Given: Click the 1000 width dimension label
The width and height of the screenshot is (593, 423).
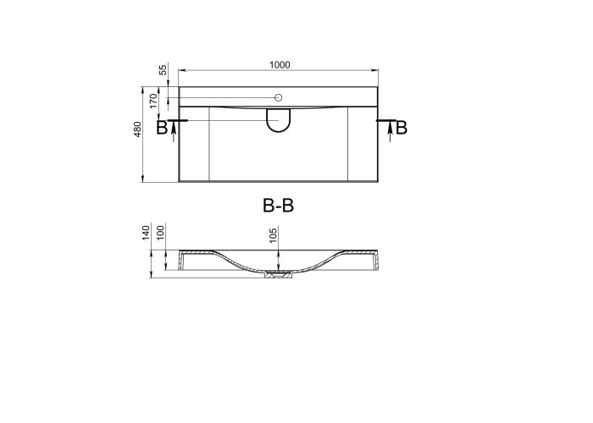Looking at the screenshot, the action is click(280, 65).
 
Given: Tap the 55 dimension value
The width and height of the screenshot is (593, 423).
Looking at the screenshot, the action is click(163, 70).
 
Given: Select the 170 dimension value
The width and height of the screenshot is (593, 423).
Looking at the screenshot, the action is click(153, 101).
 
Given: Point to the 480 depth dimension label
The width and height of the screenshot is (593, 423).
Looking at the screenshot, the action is click(137, 129).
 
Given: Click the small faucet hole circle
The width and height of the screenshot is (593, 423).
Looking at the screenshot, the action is click(279, 98).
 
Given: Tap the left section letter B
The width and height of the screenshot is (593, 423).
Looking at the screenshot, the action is click(162, 128).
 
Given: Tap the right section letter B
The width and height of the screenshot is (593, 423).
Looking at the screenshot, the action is click(402, 128).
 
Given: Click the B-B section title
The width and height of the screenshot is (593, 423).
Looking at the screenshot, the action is click(279, 206).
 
